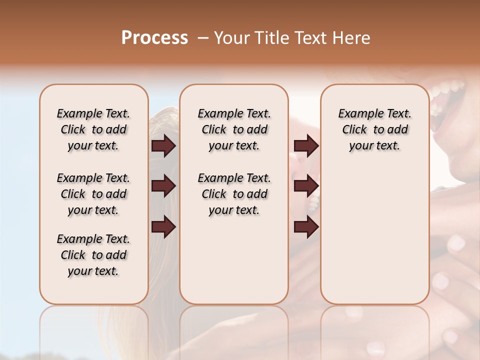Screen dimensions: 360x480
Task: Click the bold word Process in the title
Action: click(154, 38)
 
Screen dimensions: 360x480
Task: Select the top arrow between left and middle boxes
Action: click(163, 145)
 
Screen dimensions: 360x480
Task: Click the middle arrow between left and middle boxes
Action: click(163, 186)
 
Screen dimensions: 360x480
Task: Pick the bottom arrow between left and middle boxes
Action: click(163, 226)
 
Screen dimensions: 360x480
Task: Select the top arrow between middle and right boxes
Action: click(306, 145)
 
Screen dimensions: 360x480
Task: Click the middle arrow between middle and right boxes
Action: click(306, 186)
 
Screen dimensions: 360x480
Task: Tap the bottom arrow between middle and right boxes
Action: click(306, 226)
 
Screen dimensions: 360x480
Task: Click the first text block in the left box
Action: click(93, 129)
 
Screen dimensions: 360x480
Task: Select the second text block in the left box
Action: click(93, 194)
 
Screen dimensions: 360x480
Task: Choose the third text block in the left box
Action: click(93, 255)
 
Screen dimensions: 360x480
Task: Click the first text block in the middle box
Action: click(234, 129)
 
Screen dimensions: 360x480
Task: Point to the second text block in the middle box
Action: click(234, 194)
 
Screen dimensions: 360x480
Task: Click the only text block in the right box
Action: click(375, 129)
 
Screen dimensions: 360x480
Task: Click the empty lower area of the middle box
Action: click(234, 260)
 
